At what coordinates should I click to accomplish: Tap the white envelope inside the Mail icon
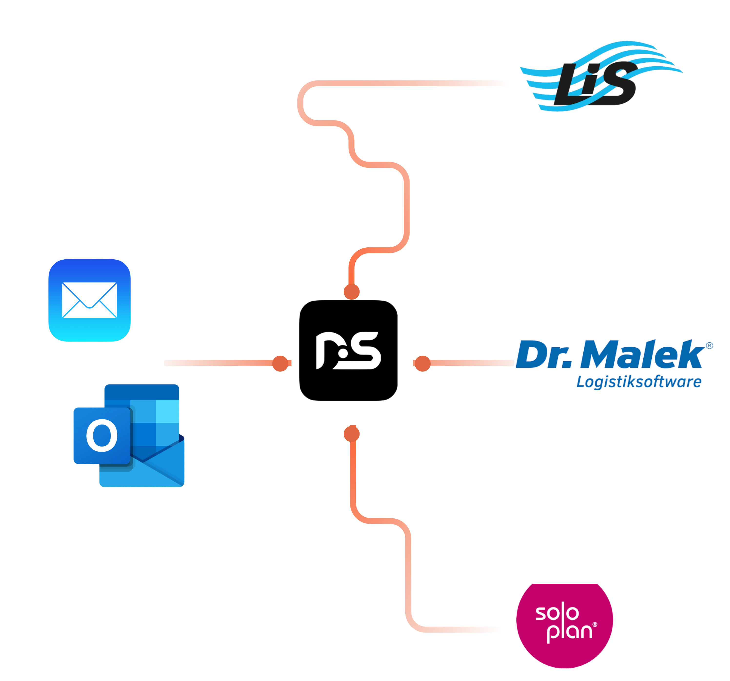click(x=89, y=300)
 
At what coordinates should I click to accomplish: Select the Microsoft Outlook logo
click(x=129, y=436)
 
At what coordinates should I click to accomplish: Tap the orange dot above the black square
click(x=351, y=292)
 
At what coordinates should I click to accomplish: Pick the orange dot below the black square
click(x=351, y=434)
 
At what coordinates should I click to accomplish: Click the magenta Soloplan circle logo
click(x=564, y=620)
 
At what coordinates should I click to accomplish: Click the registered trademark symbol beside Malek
click(x=710, y=345)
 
